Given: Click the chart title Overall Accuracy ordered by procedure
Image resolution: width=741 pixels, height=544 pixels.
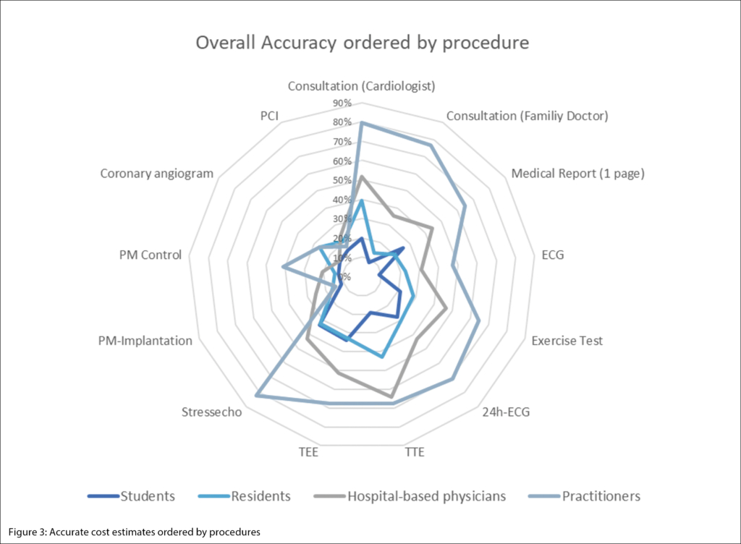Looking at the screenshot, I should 363,43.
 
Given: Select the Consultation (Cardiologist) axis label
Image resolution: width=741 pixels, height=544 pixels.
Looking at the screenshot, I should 361,86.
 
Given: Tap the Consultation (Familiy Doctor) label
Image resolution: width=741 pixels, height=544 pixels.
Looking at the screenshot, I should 527,116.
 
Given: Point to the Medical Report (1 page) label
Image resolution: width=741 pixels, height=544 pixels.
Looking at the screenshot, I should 577,174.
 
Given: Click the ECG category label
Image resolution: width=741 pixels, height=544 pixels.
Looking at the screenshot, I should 552,255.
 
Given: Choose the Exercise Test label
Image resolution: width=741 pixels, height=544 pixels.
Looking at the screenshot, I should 567,341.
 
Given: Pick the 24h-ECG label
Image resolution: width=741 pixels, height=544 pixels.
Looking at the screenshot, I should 506,413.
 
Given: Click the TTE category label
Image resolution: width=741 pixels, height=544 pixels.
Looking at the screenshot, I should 414,453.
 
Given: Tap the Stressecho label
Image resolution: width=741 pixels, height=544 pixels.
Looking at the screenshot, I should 212,412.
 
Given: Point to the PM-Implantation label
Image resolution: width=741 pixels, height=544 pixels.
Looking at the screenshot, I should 145,341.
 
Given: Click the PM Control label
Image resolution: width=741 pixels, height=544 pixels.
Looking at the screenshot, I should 151,255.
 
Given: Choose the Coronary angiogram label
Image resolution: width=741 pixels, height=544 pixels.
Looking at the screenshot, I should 157,174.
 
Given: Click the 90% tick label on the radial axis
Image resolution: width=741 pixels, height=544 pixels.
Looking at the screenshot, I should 343,103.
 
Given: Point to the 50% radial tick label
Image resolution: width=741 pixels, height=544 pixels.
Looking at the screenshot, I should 343,180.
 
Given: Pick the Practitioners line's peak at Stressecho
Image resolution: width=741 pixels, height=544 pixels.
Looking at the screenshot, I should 257,395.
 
